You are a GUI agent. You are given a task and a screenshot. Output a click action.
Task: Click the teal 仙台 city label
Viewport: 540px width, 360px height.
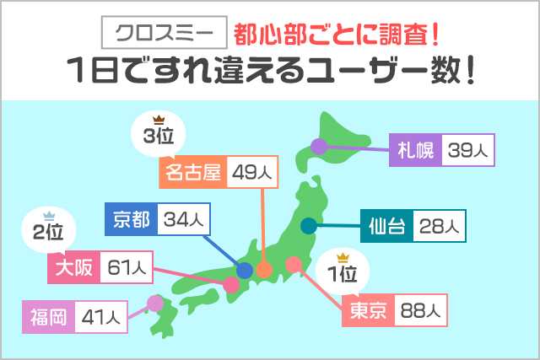[386, 226]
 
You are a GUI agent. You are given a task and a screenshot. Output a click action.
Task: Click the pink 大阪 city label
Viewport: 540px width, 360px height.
[74, 269]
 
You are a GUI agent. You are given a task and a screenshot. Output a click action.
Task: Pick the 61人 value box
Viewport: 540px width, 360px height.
[127, 269]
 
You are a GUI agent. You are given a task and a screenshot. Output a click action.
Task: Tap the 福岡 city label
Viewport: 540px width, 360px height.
[48, 317]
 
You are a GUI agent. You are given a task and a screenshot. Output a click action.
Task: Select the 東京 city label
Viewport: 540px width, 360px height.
[367, 311]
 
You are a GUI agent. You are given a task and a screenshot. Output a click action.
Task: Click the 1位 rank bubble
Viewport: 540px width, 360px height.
[343, 272]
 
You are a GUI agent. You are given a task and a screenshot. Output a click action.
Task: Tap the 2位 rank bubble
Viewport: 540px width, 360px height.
[48, 229]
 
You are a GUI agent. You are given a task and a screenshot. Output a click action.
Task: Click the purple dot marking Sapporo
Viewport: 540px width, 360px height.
[318, 147]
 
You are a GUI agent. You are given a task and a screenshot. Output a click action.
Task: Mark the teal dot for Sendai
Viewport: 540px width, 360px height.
[309, 225]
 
